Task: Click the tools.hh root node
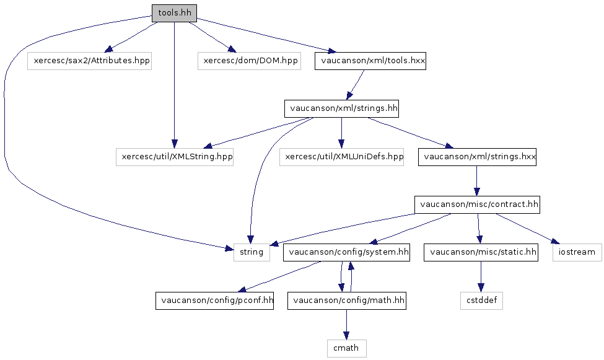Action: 175,12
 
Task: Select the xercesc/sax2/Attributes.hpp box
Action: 89,61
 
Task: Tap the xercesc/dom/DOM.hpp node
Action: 249,61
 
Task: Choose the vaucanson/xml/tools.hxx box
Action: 370,61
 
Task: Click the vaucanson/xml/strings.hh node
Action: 341,109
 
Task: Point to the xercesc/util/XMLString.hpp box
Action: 175,157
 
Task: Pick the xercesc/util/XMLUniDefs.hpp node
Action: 342,157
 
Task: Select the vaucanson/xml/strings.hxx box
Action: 477,157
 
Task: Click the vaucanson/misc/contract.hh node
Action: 477,204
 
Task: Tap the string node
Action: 252,252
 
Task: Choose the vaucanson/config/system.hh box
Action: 346,252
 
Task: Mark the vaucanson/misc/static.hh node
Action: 481,252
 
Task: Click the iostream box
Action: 577,252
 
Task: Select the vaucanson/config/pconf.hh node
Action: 214,301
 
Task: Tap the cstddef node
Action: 481,301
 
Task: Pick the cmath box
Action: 346,348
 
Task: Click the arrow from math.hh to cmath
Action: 346,324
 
